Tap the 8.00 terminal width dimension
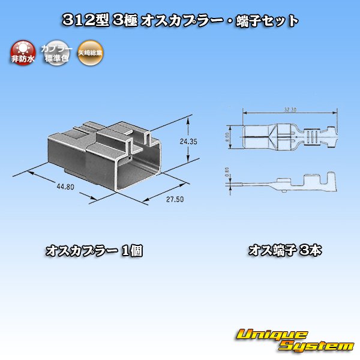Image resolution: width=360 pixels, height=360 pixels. coord(230,137)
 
